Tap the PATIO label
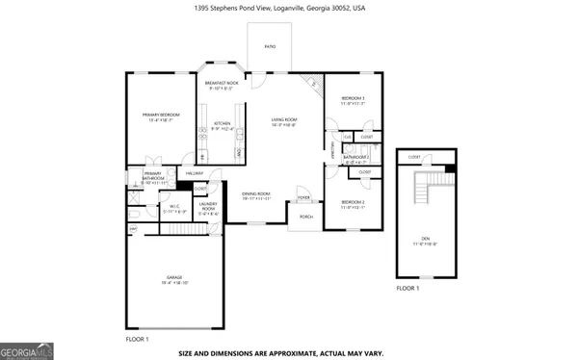(269, 45)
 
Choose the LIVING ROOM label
(283, 121)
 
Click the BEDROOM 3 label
(352, 99)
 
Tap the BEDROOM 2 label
(352, 203)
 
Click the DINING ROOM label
(255, 195)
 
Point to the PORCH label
(305, 217)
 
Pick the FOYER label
(303, 197)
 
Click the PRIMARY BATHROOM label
(153, 176)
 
